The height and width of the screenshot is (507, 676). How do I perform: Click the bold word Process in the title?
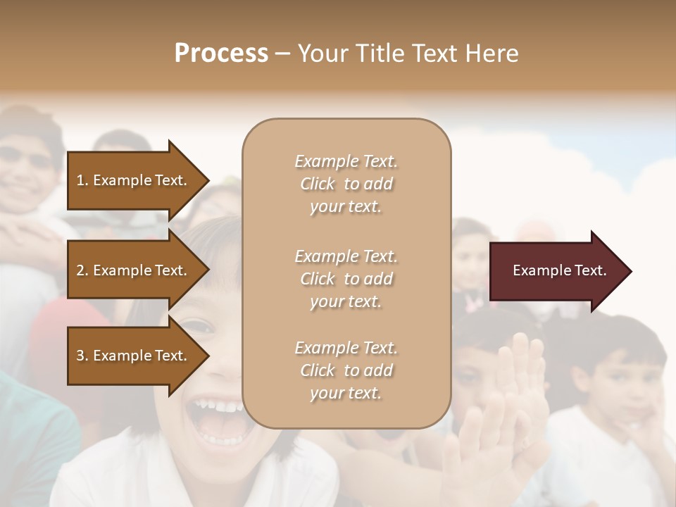click(221, 54)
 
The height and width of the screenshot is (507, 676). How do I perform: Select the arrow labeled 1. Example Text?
click(134, 180)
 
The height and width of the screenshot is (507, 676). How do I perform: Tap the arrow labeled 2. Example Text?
click(134, 270)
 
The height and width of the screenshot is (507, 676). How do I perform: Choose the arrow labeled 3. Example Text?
click(134, 356)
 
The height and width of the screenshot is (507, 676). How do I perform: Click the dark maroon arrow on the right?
click(556, 271)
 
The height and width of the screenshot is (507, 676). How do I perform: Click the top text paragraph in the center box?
click(346, 184)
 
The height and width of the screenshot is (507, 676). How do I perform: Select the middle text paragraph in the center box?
click(346, 279)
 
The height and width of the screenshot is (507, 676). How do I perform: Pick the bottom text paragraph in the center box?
click(346, 370)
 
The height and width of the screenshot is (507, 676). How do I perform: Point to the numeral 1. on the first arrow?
click(82, 180)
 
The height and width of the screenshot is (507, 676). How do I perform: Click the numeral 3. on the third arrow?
click(82, 356)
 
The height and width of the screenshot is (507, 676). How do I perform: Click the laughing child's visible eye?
click(199, 327)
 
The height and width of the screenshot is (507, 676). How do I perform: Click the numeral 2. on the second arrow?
click(82, 270)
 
